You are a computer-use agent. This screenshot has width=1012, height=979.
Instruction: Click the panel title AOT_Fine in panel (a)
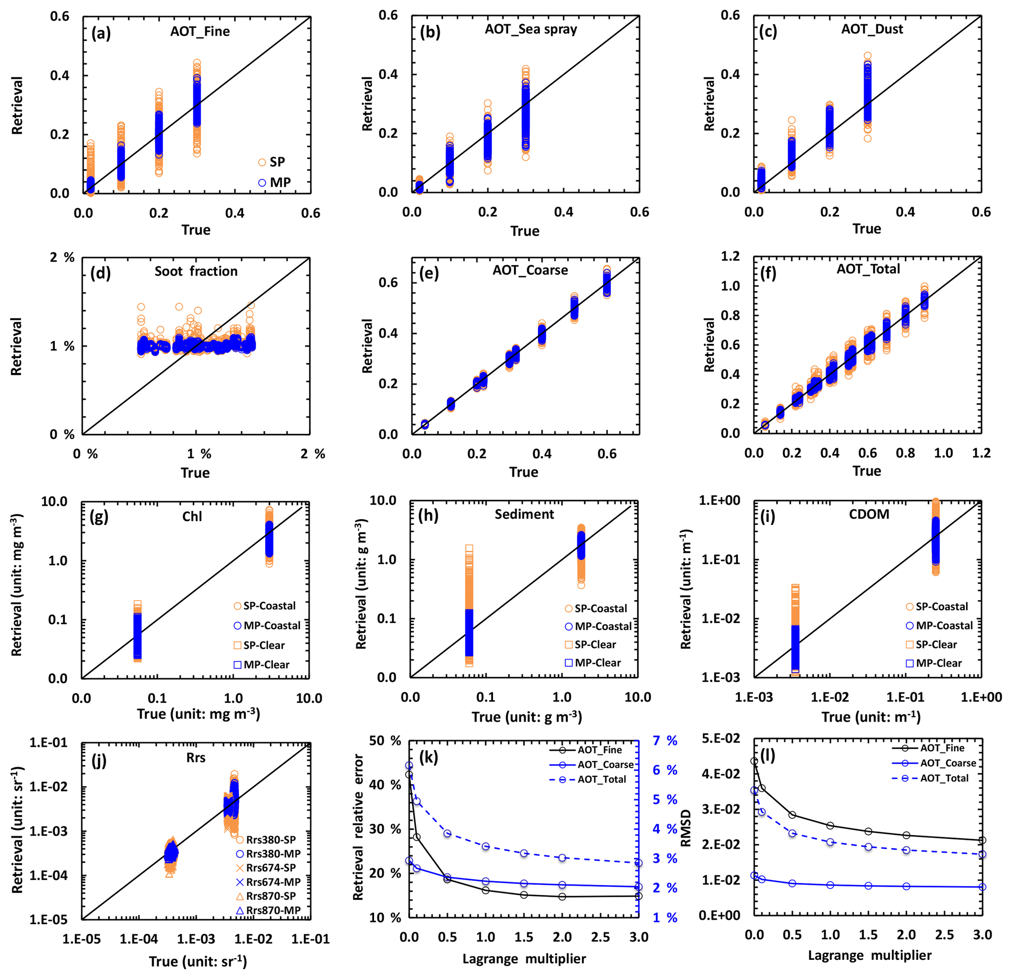[200, 31]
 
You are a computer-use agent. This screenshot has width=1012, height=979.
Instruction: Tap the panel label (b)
[429, 32]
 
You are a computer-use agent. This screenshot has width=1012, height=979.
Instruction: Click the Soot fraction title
[196, 272]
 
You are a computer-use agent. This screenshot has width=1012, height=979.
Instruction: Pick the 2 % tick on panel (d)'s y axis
[63, 258]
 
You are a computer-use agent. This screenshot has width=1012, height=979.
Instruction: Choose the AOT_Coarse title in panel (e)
[530, 270]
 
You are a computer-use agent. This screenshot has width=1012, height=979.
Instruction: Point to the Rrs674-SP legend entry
[271, 868]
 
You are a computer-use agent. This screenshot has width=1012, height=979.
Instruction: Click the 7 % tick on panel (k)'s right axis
[665, 741]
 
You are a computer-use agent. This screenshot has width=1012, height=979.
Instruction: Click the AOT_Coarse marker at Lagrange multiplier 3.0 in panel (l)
[982, 887]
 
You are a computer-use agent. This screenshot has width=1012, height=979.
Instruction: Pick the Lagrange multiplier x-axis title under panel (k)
[523, 959]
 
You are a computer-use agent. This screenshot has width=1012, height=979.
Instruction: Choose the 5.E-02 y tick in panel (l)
[721, 739]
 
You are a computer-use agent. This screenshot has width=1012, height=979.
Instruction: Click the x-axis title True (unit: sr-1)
[198, 961]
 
